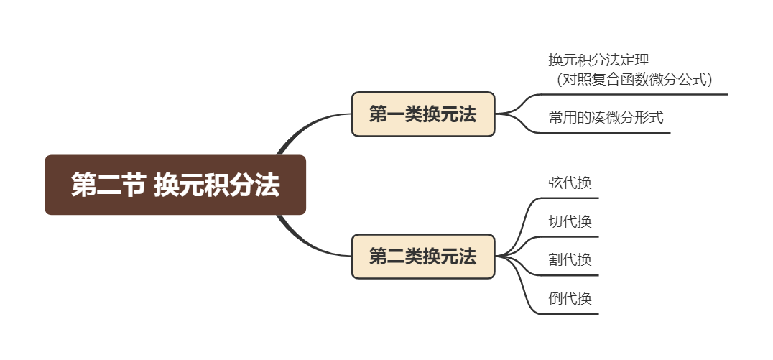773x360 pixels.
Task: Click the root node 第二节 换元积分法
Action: coord(175,185)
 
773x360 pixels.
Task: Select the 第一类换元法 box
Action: coord(422,114)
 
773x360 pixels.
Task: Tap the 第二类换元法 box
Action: coord(422,257)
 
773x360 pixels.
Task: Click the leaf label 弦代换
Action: coord(570,183)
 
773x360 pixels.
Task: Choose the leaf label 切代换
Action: coord(570,221)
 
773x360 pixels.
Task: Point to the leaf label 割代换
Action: coord(570,259)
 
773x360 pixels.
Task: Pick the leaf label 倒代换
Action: coord(570,298)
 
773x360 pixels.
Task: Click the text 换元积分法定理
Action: coord(598,60)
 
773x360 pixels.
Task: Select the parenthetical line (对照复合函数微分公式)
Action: coord(634,79)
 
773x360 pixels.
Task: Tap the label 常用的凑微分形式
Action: coord(606,117)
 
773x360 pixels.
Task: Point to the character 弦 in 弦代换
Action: coord(555,183)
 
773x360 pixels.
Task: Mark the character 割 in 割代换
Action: coord(555,259)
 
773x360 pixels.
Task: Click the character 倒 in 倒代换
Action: coord(555,298)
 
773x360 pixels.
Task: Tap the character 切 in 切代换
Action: coord(555,221)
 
